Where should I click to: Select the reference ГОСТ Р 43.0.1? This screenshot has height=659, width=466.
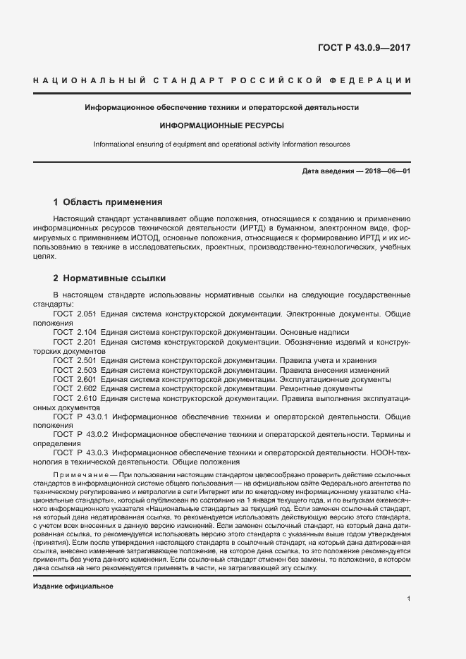(x=80, y=417)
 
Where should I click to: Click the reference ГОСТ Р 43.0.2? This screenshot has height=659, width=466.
(x=80, y=436)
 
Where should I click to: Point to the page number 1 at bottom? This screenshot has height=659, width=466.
(x=409, y=599)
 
